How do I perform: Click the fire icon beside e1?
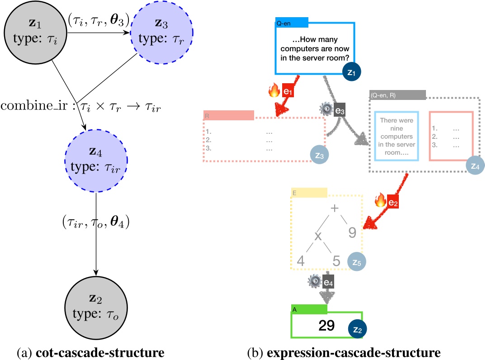tap(274, 91)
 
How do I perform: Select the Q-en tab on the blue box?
tap(292, 21)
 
